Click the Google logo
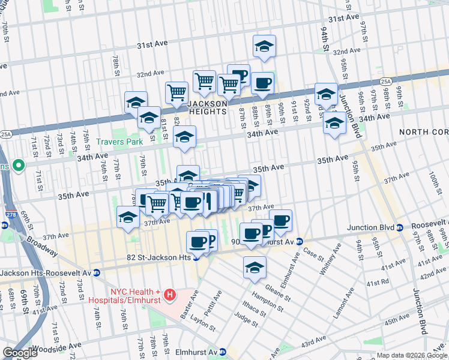tap(20, 353)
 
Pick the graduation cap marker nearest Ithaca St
tap(255, 268)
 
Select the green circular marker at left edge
tap(19, 164)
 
